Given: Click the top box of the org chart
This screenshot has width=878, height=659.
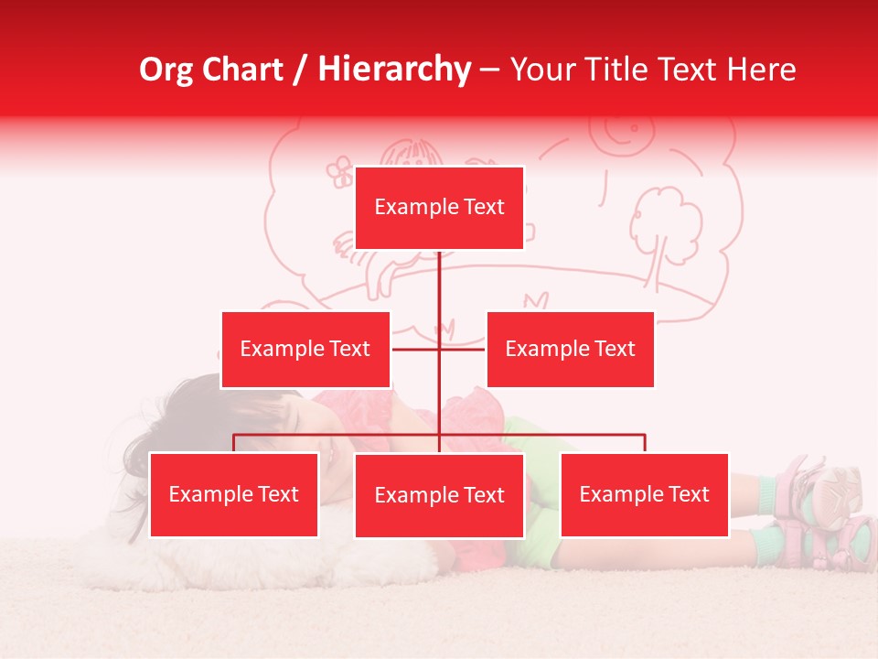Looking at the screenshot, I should pos(439,208).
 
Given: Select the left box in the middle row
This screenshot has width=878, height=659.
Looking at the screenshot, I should pos(305,349).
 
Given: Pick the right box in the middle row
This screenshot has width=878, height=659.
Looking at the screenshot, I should pos(570,349).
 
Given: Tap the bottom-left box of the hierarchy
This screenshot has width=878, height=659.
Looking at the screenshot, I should pos(234,494).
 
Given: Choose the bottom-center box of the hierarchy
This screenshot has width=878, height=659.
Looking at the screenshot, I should pos(439,495).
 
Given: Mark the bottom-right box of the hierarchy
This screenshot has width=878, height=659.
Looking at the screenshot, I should pos(644,494).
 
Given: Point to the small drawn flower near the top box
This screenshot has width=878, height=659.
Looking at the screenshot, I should pos(340,171).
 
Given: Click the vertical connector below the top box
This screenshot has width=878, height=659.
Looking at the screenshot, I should pos(439,284).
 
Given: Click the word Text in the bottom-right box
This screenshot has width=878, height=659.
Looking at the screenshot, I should pos(688,494).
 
